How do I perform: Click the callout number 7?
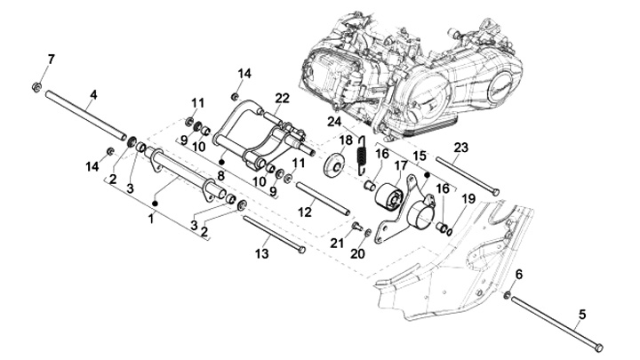51,60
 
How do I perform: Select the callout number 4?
93,94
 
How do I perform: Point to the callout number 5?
584,313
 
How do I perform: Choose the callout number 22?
282,98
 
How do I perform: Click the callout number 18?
346,140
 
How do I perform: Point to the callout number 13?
261,254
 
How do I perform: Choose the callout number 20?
360,253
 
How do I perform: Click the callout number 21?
338,243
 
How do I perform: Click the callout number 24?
334,121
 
